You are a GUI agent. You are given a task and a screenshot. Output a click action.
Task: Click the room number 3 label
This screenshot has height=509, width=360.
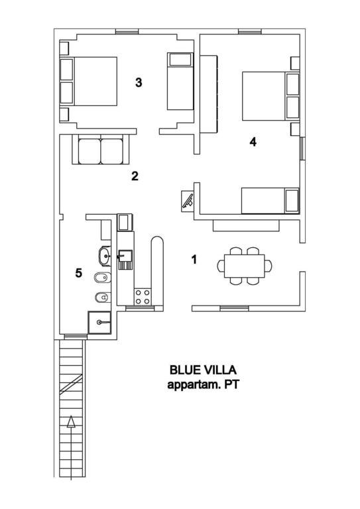pos(139,82)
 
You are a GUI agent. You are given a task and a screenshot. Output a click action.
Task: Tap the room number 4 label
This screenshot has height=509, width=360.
pos(253,142)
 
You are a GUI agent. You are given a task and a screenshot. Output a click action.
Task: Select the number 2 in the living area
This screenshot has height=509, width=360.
pos(135,176)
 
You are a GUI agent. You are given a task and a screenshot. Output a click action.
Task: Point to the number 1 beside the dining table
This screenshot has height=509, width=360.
pos(194,259)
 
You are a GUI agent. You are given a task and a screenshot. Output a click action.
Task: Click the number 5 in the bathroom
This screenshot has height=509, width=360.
pos(78,273)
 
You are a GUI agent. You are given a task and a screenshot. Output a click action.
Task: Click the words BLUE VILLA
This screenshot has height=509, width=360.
pos(204,370)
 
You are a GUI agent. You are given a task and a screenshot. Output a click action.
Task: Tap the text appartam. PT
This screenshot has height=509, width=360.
pos(204,384)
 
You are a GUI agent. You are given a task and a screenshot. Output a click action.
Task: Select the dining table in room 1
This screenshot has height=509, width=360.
pos(245,266)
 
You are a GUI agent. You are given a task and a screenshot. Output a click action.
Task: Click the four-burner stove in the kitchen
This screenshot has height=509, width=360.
pos(143,296)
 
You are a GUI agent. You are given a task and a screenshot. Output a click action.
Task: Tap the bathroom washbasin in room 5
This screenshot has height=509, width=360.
pos(105,256)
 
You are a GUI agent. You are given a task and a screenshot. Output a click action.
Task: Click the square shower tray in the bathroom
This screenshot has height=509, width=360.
pos(99,322)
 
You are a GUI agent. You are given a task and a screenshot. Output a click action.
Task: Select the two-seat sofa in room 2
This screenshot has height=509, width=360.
pos(101,149)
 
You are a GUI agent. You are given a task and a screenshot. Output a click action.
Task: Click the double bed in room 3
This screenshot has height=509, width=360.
pos(88,81)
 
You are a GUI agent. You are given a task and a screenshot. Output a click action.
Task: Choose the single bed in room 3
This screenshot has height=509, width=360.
pos(180,81)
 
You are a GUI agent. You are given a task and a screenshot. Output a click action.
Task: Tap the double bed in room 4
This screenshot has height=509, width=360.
pos(270,96)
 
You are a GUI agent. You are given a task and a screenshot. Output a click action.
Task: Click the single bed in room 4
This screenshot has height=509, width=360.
pos(270,201)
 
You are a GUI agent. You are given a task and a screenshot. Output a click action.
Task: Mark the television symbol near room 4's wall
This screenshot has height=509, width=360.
pos(188,201)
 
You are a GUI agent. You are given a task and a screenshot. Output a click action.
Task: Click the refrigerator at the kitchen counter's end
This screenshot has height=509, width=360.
pos(125,222)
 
